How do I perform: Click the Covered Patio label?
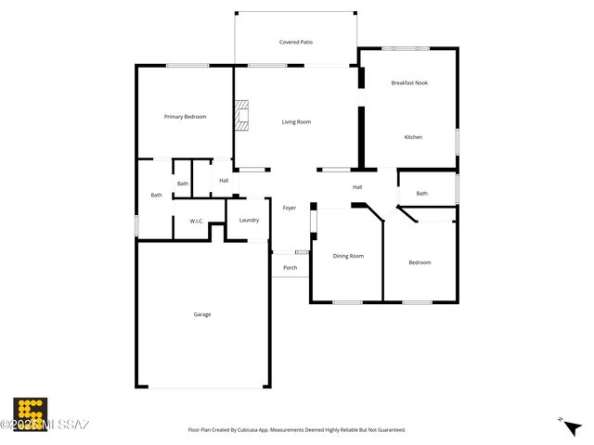(x=295, y=42)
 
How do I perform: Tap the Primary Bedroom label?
(x=185, y=117)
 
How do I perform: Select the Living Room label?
(x=296, y=121)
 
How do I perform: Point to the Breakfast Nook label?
(x=409, y=83)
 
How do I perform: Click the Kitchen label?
(x=413, y=137)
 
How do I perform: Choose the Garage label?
(x=201, y=314)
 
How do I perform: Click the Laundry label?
(x=249, y=220)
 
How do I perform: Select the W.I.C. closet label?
(x=197, y=221)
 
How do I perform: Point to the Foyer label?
(x=290, y=208)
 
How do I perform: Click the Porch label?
(x=290, y=267)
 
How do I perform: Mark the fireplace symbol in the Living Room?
(x=241, y=117)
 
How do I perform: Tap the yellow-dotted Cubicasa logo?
(x=30, y=413)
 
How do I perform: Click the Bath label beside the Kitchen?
(x=421, y=194)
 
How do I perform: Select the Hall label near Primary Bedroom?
(x=224, y=180)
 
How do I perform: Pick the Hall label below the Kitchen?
(x=356, y=187)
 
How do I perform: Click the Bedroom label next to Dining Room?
(x=420, y=262)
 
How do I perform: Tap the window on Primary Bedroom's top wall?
(x=187, y=65)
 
